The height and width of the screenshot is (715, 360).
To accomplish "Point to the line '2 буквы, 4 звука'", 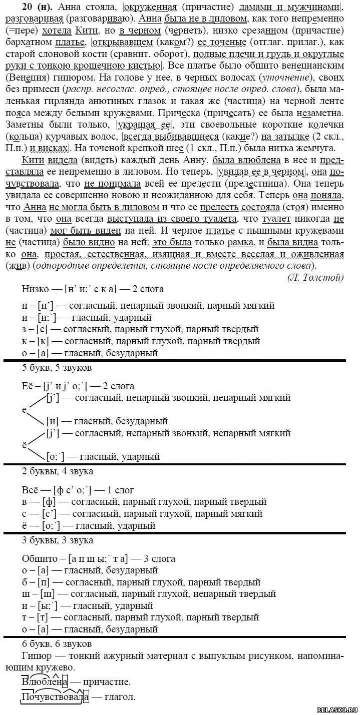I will tap(58, 471).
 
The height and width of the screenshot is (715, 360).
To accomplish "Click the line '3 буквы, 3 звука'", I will tap(58, 540).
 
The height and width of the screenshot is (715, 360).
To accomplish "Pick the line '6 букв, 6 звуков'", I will tap(57, 643).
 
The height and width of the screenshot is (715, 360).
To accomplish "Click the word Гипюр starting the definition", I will tap(35, 655).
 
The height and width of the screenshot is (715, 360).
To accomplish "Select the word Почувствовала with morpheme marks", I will tap(55, 697).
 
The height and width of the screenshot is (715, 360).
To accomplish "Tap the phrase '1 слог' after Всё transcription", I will tap(123, 490).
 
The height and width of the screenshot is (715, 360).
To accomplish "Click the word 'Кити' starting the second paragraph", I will tap(32, 160).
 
